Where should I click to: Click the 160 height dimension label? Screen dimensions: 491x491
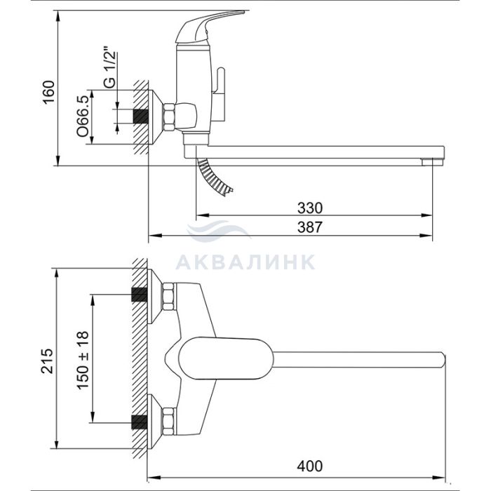coord(49,92)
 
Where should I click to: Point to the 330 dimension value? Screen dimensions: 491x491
coord(310,208)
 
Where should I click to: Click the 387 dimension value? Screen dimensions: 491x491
coord(310,227)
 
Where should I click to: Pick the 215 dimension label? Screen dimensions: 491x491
coord(48,361)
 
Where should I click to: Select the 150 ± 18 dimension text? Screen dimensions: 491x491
coord(83,359)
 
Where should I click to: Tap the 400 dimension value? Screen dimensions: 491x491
coord(310,466)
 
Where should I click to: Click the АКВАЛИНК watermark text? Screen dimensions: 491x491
coord(245,262)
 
